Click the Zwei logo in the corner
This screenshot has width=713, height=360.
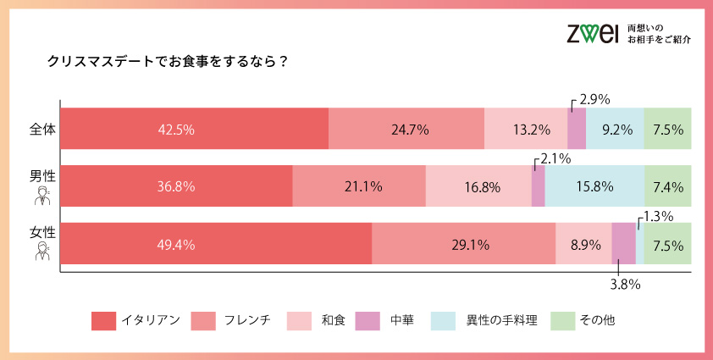point(593,33)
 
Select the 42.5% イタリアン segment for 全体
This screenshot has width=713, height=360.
point(195,130)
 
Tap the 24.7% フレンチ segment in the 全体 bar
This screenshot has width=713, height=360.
point(406,130)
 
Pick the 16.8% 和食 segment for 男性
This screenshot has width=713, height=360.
point(478,186)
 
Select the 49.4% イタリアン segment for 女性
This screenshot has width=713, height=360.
point(217,244)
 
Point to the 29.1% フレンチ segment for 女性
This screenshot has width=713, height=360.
point(463,244)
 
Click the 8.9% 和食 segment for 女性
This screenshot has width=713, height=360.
point(583,244)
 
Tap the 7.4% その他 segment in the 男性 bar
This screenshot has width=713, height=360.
point(668,186)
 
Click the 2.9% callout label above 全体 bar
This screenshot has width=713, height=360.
point(594,100)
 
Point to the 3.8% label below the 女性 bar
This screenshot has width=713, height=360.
point(624,284)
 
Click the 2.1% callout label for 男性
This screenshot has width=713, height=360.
point(555,158)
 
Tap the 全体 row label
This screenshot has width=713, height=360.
point(41,130)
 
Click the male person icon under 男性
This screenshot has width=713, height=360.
point(41,197)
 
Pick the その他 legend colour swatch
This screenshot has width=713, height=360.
point(562,321)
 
